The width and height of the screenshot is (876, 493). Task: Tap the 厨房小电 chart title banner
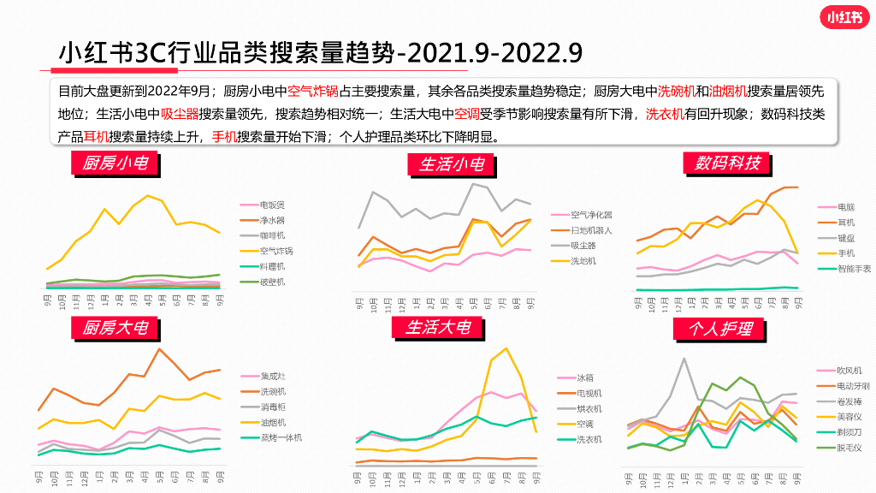click(x=115, y=163)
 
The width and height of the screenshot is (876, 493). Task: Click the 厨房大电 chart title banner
click(x=115, y=328)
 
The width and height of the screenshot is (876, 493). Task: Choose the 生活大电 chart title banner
click(x=438, y=327)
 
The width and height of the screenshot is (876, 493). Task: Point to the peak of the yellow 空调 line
click(x=506, y=348)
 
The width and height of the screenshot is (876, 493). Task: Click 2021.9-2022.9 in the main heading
click(x=495, y=53)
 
